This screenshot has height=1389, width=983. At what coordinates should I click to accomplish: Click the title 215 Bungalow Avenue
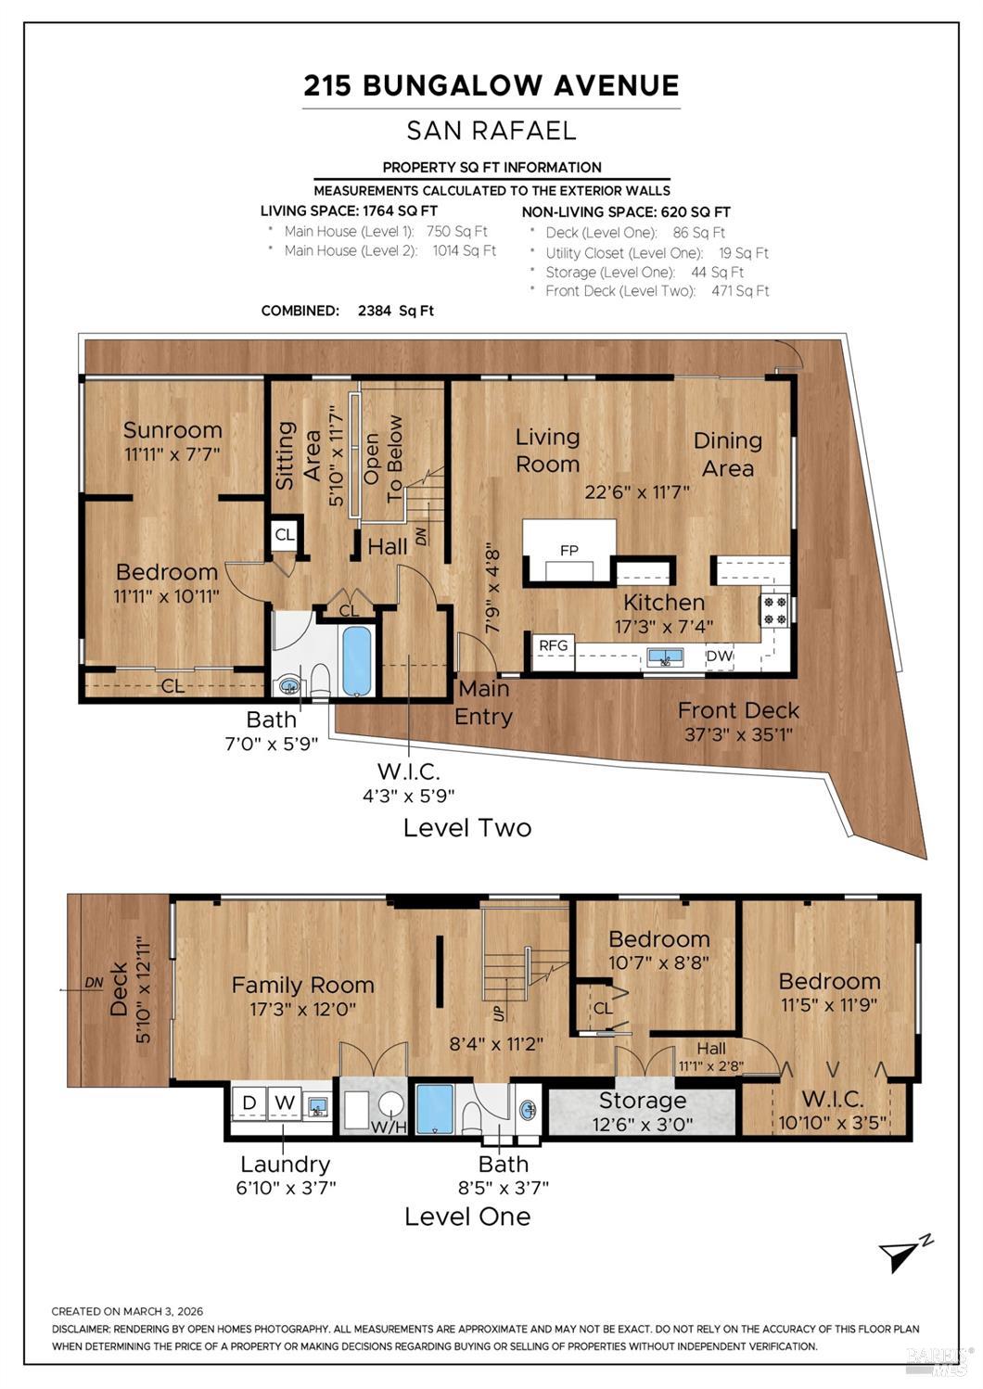tap(491, 85)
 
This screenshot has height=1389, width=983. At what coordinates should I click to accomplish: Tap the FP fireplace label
tap(569, 550)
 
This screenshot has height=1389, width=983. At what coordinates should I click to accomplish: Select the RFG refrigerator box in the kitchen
tap(554, 644)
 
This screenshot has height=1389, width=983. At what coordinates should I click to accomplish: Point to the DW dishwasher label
tap(720, 656)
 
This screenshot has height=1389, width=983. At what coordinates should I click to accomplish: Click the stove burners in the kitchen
tap(774, 609)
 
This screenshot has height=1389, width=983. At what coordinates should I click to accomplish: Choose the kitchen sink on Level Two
tap(664, 657)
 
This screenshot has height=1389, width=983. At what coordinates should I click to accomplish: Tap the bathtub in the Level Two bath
tap(356, 661)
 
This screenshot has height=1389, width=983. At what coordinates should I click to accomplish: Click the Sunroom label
tap(172, 430)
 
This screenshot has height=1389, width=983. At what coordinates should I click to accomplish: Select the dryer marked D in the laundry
tap(249, 1102)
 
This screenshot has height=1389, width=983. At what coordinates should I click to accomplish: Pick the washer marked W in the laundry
tap(285, 1102)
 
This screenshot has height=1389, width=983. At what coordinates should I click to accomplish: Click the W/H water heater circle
tap(391, 1104)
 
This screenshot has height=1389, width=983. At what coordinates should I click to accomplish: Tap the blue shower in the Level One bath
tap(434, 1109)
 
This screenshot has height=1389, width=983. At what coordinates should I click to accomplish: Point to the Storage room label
tap(642, 1101)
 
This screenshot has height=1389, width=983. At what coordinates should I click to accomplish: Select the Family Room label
tap(302, 985)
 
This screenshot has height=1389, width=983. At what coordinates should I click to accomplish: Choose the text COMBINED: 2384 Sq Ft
tap(348, 311)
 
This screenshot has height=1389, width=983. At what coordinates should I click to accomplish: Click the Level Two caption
tap(466, 827)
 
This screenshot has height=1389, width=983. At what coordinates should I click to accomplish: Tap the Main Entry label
tap(483, 703)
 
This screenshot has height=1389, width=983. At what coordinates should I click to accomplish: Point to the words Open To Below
tap(383, 458)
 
